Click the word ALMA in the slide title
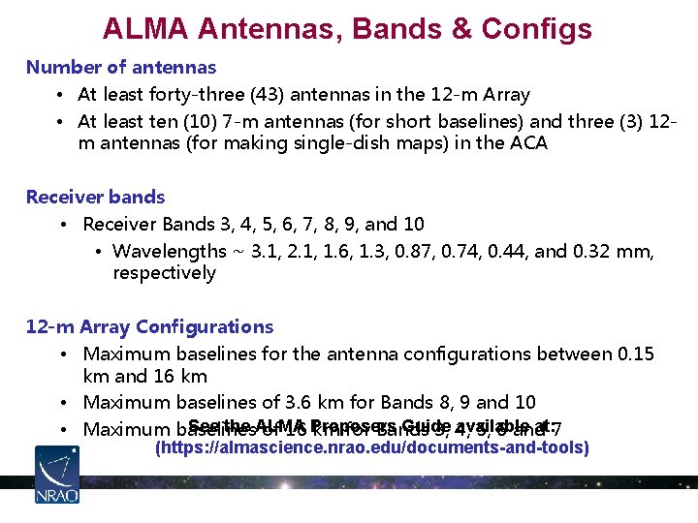pyautogui.click(x=145, y=28)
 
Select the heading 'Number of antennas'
pyautogui.click(x=121, y=68)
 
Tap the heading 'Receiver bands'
pyautogui.click(x=95, y=198)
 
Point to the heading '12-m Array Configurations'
pyautogui.click(x=149, y=327)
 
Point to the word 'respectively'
pyautogui.click(x=164, y=273)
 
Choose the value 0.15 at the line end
pyautogui.click(x=635, y=354)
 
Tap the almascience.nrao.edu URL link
pyautogui.click(x=372, y=448)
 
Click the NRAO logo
pyautogui.click(x=57, y=475)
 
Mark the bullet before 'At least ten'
pyautogui.click(x=60, y=122)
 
